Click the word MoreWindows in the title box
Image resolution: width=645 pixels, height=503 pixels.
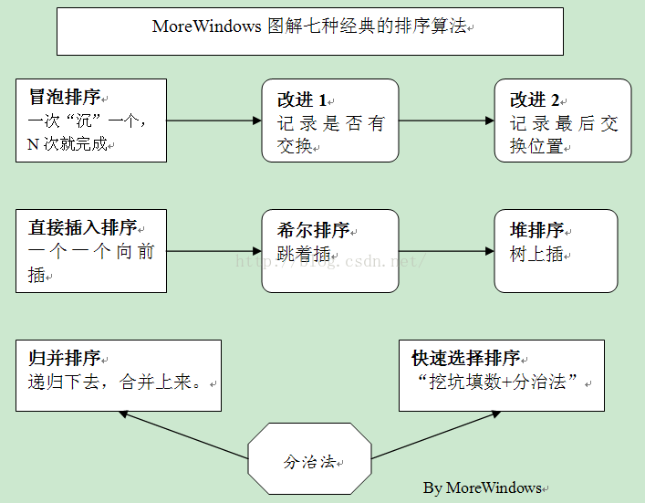(206, 26)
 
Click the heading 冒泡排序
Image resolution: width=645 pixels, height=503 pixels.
(65, 97)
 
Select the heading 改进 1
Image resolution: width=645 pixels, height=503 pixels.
(302, 100)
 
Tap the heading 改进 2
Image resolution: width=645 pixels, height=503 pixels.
(535, 100)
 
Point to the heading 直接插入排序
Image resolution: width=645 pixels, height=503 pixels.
(83, 227)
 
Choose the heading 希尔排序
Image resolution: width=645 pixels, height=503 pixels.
(313, 230)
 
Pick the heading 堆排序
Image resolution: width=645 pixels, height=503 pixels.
(536, 230)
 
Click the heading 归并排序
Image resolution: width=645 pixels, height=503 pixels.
(65, 358)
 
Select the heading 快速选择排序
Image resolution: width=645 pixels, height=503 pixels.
(466, 358)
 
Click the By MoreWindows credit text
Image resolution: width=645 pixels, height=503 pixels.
(482, 487)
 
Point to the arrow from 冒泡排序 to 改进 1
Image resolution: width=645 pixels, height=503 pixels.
(213, 121)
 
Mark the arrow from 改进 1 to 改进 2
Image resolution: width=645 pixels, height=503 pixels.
(446, 121)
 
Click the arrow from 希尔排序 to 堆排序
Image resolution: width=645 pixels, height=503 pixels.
(446, 251)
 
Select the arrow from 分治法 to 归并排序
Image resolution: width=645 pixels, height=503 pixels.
(183, 435)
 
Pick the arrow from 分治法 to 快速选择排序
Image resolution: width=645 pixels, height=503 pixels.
(436, 435)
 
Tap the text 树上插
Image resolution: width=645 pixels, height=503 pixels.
(536, 254)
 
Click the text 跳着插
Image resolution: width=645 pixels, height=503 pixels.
(304, 254)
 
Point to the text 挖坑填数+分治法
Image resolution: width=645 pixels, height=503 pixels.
(498, 382)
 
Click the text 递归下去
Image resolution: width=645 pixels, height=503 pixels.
(63, 382)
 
